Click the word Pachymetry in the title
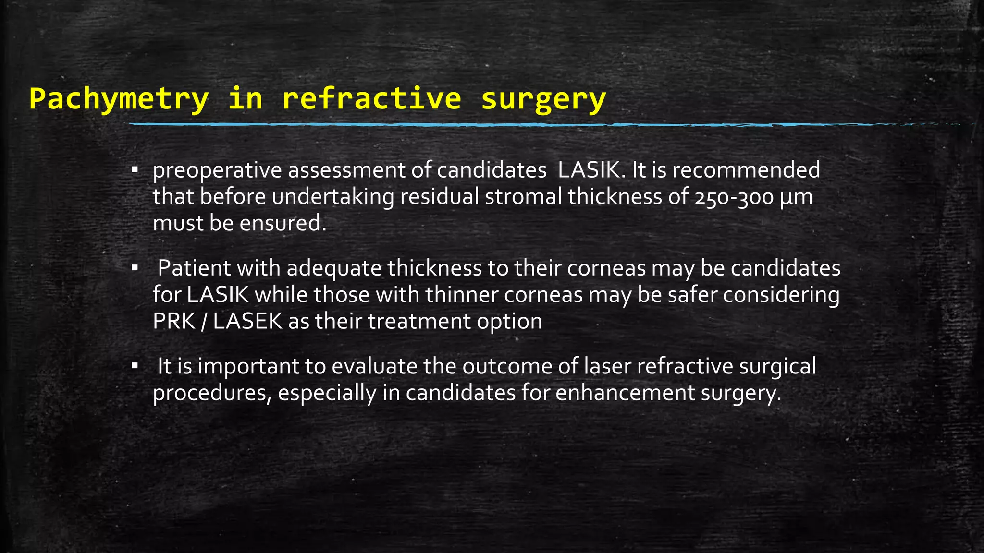119,99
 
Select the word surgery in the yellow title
543,99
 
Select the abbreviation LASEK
247,321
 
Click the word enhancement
625,393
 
